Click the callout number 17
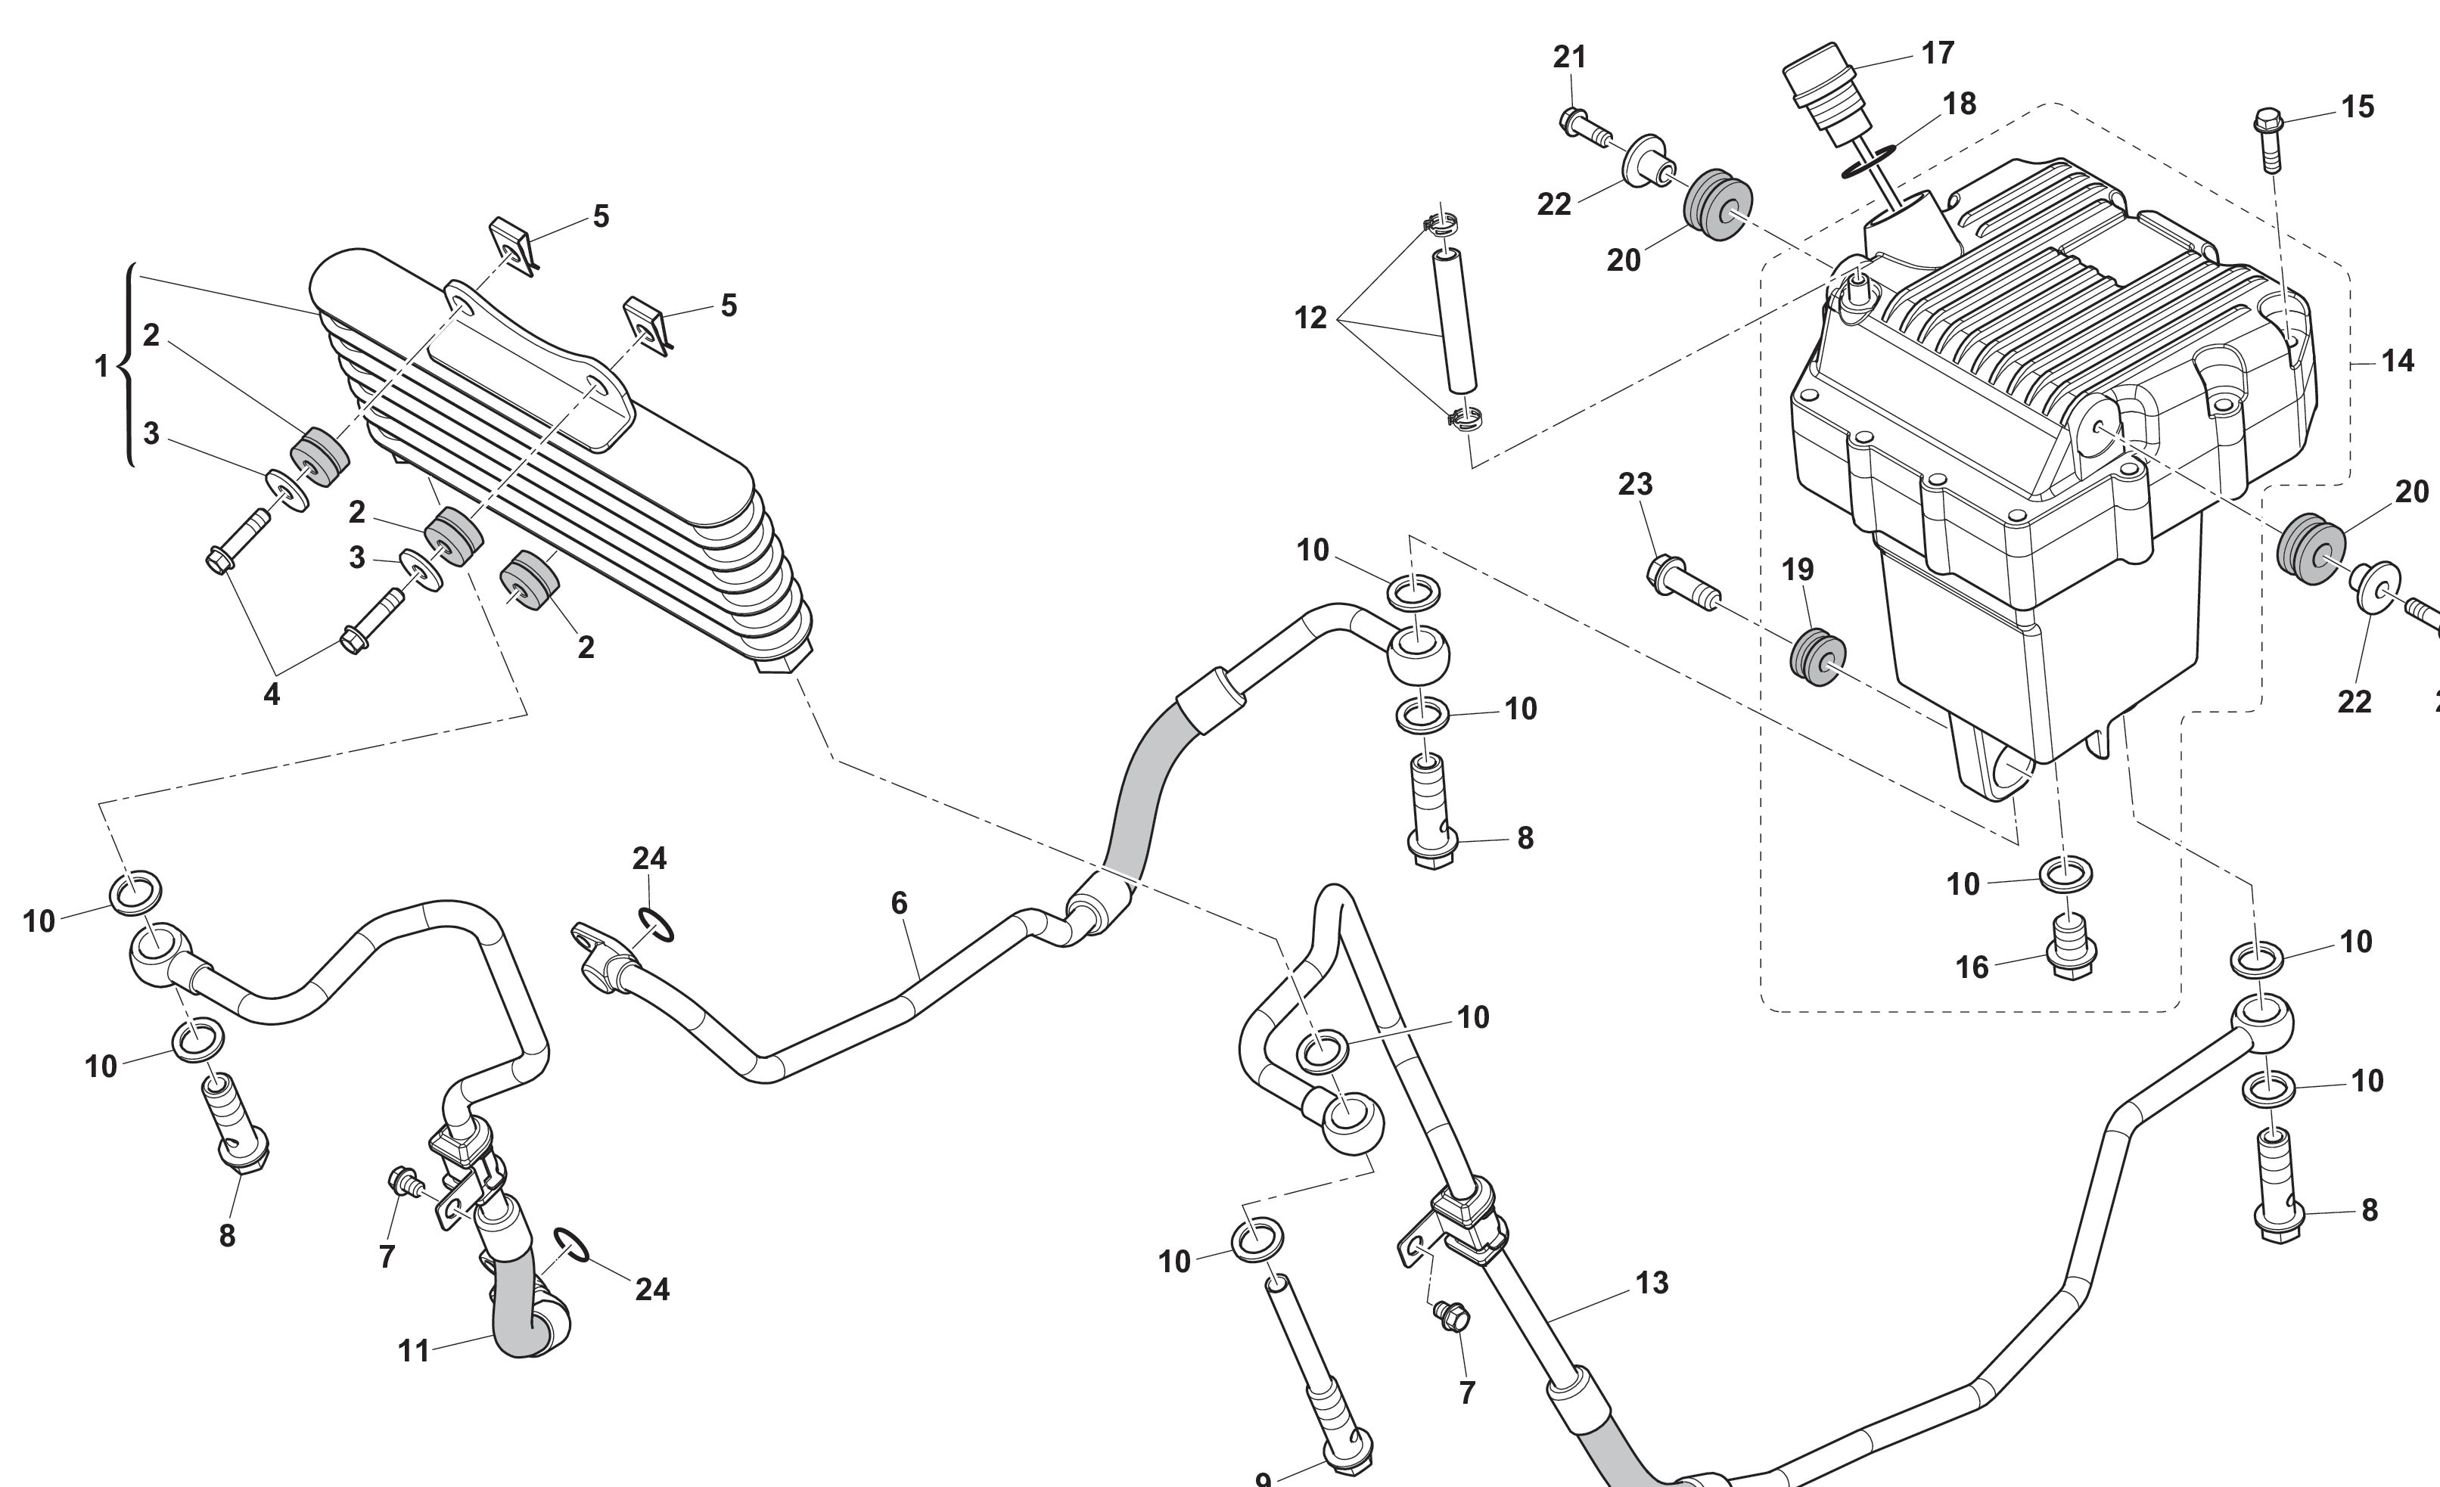1938,52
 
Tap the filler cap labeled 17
1822,89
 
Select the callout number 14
2398,362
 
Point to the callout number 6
899,903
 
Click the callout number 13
1652,1283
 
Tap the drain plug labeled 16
2072,951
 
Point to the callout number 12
1310,318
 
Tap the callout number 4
272,694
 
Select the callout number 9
1263,1479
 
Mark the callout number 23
1635,484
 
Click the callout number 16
1972,967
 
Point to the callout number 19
1798,570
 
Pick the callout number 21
1570,57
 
